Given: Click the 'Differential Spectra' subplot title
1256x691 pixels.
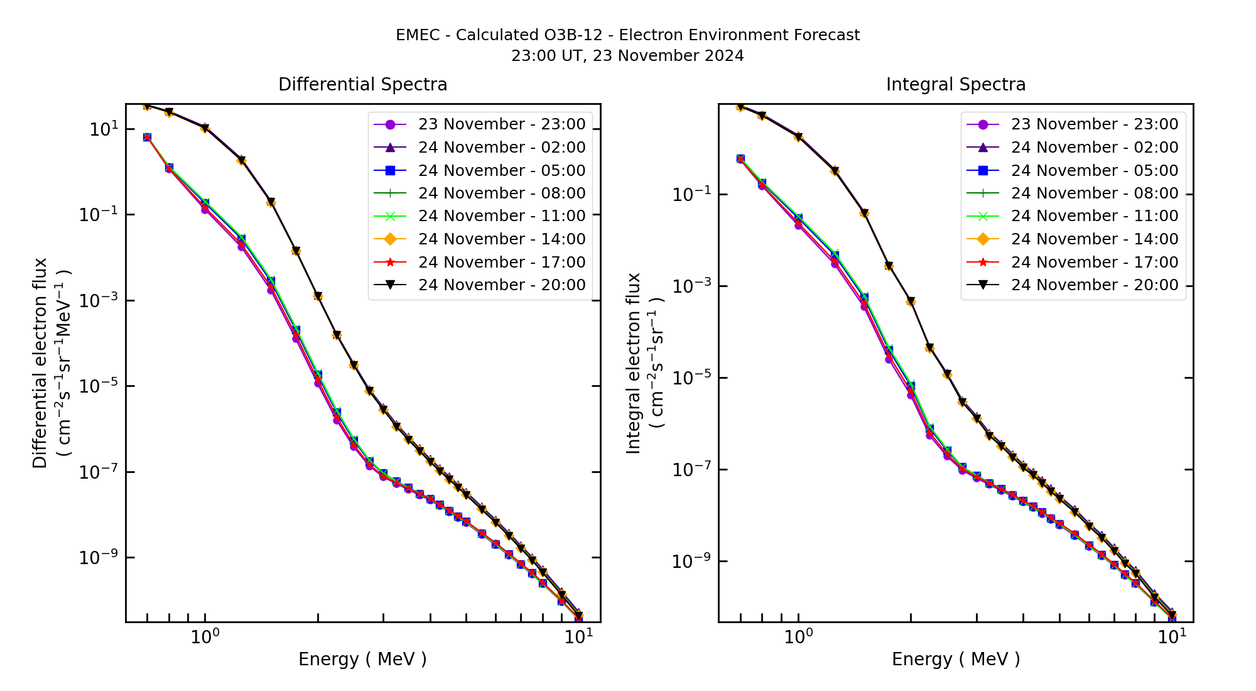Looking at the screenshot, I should (362, 85).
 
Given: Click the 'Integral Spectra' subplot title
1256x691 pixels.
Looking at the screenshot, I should (955, 85).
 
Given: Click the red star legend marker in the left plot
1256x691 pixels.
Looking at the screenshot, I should (390, 263).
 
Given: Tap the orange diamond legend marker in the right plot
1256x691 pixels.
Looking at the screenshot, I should (983, 239).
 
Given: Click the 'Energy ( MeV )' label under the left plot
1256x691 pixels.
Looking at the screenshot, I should (362, 660).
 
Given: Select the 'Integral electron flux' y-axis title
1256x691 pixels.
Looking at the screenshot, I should (634, 363).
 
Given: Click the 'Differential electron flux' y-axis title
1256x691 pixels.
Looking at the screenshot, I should (40, 363).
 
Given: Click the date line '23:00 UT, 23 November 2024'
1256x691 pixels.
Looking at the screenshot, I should (627, 56).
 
